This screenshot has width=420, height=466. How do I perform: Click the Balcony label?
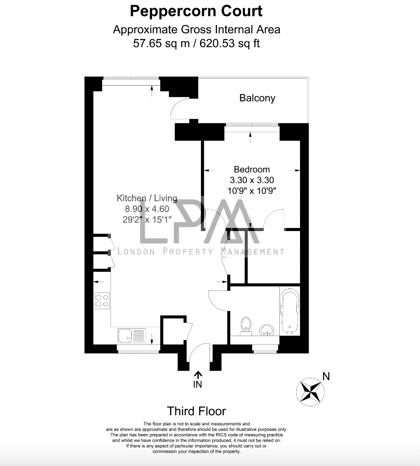tap(257, 98)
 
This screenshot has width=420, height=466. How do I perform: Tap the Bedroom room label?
tap(252, 170)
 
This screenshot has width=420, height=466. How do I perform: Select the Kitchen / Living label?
tap(147, 198)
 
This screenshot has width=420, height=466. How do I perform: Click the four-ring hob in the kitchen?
tap(102, 301)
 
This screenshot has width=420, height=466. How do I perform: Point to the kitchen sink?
tap(132, 335)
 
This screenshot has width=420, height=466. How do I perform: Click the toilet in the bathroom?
tap(246, 326)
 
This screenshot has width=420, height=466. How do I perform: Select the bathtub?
tap(290, 311)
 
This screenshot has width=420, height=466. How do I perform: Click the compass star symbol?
tap(310, 392)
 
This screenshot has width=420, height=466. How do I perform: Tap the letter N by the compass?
tap(326, 376)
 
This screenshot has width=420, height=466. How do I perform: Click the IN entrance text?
tap(197, 385)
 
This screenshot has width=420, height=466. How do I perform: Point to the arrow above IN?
tap(198, 375)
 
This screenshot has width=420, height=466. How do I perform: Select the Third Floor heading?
tap(196, 411)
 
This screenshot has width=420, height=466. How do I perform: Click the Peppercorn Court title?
tap(196, 11)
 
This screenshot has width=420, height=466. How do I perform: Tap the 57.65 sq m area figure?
tap(161, 43)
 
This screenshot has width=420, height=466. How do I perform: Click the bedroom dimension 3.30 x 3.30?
tap(252, 180)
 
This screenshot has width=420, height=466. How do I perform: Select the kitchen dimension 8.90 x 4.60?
tap(147, 209)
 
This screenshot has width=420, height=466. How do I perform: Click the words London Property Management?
tap(201, 252)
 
